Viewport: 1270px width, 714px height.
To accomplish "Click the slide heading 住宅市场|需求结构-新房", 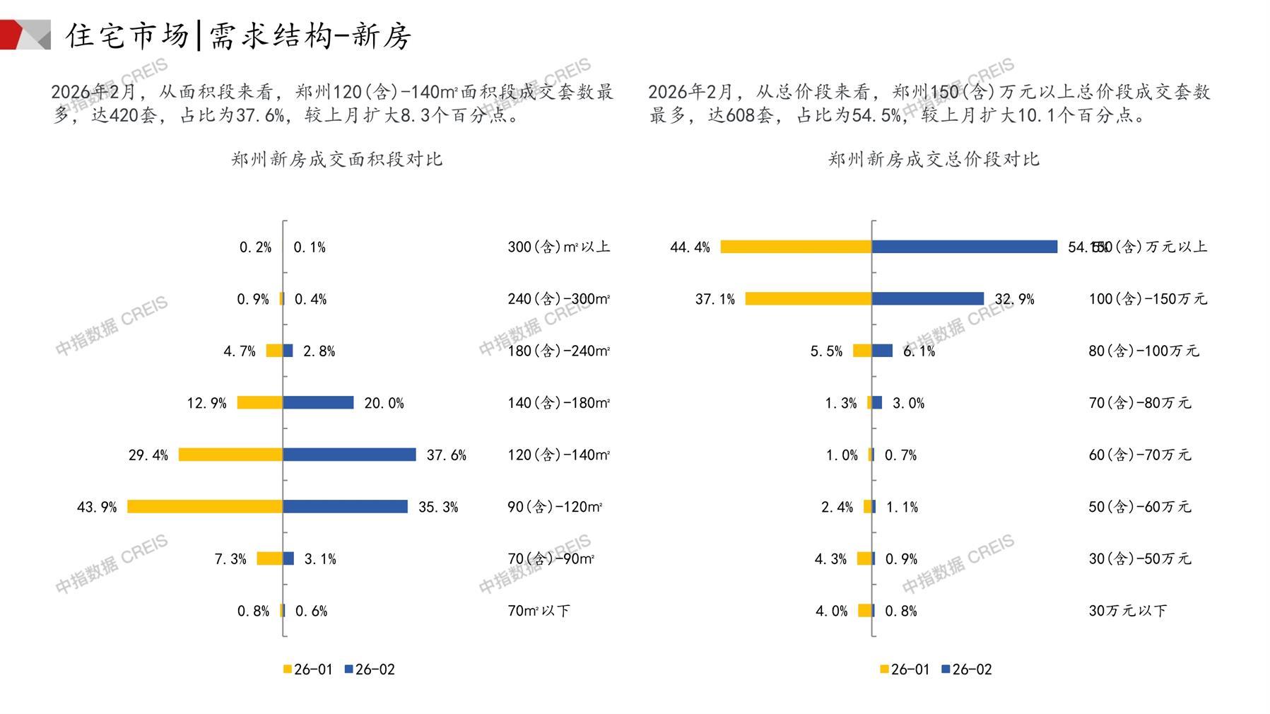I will (238, 35).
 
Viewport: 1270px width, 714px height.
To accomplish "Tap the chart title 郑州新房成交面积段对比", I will (336, 159).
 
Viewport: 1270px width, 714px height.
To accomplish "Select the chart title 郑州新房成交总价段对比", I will (934, 159).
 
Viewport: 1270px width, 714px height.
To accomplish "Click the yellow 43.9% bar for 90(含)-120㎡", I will (205, 506).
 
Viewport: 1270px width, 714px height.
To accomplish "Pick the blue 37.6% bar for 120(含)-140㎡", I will (349, 455).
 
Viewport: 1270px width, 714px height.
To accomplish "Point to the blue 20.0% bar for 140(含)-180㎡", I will (318, 402).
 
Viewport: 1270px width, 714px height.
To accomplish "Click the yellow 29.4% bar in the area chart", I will (230, 455).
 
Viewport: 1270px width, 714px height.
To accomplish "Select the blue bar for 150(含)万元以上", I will (965, 247).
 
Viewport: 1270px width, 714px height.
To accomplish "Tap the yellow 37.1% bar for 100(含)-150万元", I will (809, 299).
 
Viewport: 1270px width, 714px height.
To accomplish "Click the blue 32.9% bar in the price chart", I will (927, 299).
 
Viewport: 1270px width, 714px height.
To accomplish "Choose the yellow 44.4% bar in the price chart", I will (796, 247).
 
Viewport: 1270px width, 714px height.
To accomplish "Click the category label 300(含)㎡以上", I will (558, 247).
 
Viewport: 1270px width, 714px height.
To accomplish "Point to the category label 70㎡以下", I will (539, 611).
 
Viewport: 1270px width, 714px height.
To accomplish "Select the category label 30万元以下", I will (1127, 611).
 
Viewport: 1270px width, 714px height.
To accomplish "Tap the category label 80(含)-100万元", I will (1143, 351).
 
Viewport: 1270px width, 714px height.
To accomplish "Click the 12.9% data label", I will (206, 403).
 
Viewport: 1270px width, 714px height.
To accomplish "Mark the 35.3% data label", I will (438, 507).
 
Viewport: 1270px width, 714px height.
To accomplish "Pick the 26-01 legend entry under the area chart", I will (307, 669).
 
